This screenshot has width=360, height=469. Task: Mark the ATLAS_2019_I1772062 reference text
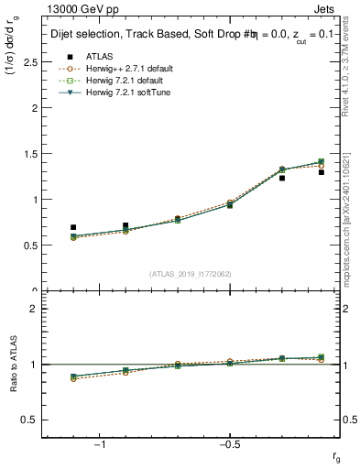tap(191, 274)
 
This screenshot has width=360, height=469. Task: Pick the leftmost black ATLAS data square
tap(73, 227)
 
